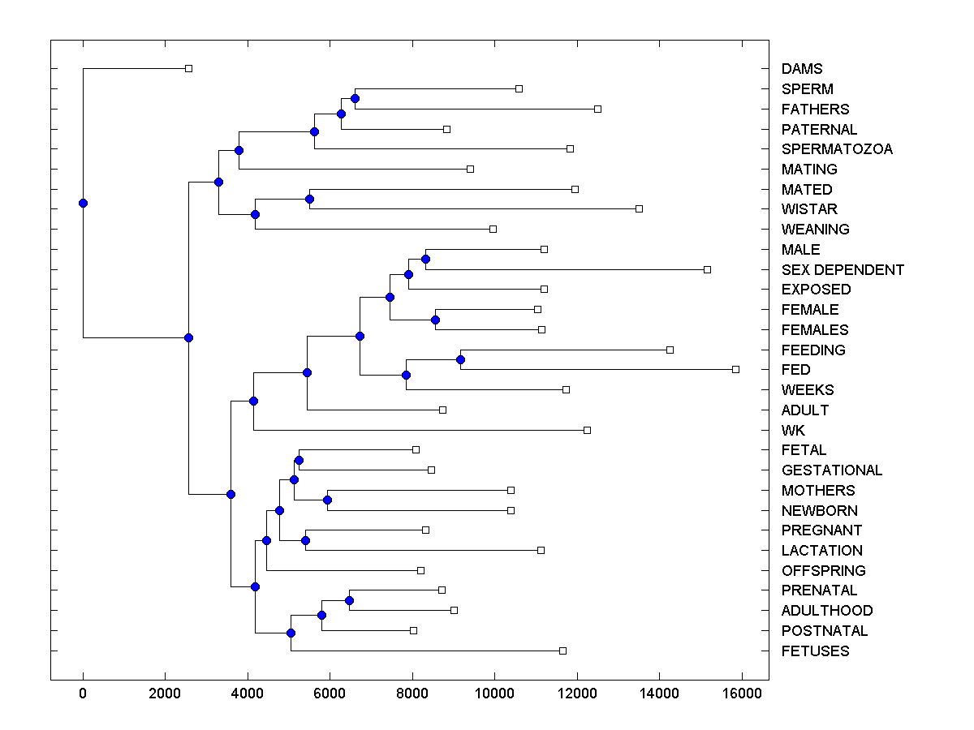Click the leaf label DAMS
click(801, 69)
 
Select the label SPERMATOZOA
click(837, 149)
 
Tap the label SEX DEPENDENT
click(843, 269)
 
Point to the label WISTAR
click(809, 209)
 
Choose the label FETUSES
click(815, 651)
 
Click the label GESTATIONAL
click(832, 470)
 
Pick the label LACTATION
click(821, 551)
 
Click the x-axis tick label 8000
click(412, 693)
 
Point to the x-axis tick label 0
click(83, 693)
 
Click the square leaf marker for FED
click(735, 369)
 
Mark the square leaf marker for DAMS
click(188, 69)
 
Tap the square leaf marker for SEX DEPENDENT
click(707, 269)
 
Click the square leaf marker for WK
click(587, 430)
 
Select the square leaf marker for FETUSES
click(562, 651)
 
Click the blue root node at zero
click(83, 203)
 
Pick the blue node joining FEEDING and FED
click(460, 359)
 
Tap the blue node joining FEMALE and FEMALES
click(435, 320)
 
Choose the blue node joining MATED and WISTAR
click(309, 199)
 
